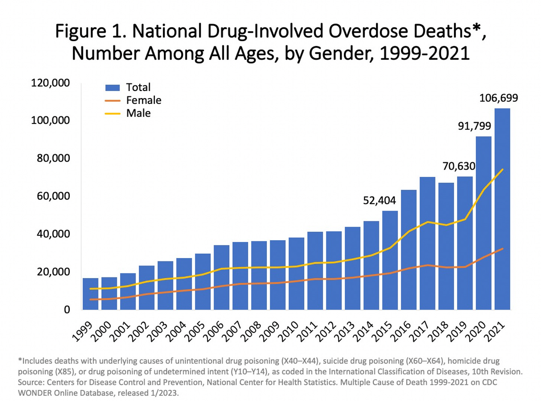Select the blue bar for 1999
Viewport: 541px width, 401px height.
coord(90,294)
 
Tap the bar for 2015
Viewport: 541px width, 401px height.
coord(390,260)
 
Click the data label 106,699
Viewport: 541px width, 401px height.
coord(498,98)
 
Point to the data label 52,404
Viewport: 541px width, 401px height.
coord(379,200)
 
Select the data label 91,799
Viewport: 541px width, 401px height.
coord(474,126)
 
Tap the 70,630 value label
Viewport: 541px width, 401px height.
coord(459,166)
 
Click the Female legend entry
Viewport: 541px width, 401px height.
coord(143,100)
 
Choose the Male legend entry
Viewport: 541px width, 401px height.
coord(138,113)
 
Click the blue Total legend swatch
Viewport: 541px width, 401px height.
coord(112,88)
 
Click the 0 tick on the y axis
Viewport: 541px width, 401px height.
coord(67,310)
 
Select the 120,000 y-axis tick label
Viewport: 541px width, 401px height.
coord(50,83)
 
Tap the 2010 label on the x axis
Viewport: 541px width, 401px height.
coord(288,331)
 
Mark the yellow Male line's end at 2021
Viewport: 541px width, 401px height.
coord(502,170)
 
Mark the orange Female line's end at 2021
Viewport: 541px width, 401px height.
coord(502,249)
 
